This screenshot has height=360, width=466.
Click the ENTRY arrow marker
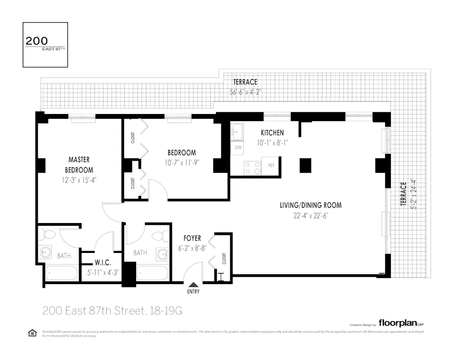193,285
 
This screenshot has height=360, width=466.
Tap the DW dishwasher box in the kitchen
238,148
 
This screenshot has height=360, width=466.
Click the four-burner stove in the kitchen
252,168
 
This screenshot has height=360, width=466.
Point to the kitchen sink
237,131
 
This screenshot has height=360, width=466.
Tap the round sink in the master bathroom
45,252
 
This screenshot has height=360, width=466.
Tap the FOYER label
192,238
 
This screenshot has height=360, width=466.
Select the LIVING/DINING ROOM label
310,205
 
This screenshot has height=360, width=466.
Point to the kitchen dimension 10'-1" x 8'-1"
272,143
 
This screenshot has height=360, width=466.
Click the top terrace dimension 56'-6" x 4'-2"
245,92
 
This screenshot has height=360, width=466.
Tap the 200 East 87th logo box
45,45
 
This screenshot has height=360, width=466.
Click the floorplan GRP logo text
401,323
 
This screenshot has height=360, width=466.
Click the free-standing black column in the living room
305,165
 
